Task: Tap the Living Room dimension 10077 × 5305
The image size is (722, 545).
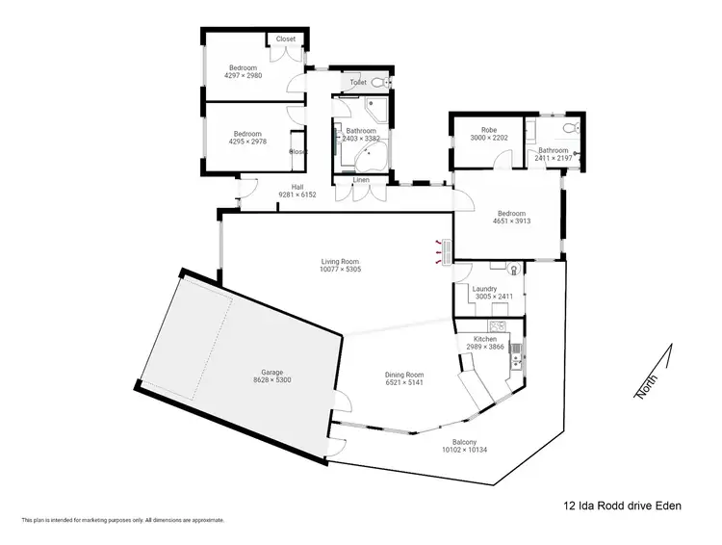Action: click(x=340, y=270)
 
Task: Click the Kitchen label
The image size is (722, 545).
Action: click(x=485, y=340)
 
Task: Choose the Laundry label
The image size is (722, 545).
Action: click(x=484, y=288)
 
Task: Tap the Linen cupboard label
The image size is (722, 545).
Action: click(x=361, y=180)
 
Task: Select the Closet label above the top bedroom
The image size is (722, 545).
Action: click(x=286, y=39)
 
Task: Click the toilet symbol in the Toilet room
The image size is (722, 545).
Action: click(x=376, y=84)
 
